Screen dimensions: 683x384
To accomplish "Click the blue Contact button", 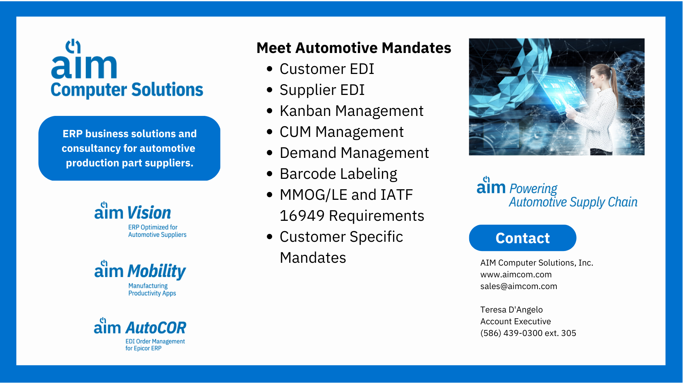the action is (523, 238).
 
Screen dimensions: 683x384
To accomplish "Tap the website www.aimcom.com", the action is (516, 274).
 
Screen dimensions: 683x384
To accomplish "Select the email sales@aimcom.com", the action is (519, 286).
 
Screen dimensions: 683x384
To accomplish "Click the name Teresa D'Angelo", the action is (512, 310).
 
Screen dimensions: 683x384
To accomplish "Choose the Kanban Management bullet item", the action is (351, 111).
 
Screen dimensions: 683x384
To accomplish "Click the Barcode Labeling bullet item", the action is (338, 174).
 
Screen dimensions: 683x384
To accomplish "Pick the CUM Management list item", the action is (341, 132).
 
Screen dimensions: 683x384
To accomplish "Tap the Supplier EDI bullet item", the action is (322, 90).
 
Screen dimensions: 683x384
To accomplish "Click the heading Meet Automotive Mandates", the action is (354, 48).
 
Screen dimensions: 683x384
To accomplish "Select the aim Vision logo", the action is (140, 220).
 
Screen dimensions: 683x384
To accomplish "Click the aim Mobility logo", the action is (140, 278).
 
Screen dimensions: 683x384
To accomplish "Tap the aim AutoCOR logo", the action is (140, 335).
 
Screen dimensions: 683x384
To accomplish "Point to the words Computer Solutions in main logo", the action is (127, 90).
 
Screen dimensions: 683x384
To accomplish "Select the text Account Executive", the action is (515, 321).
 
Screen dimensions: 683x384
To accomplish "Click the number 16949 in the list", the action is (302, 216).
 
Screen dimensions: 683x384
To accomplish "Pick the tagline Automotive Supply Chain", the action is (573, 202).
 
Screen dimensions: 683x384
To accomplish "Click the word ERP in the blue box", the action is (73, 134).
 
